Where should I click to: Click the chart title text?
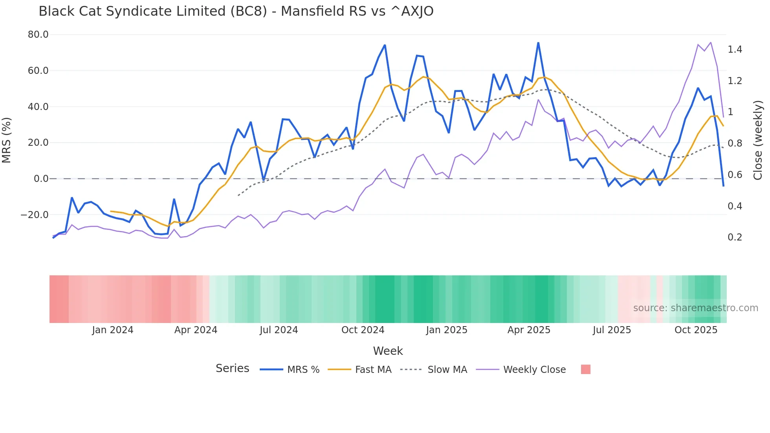[236, 11]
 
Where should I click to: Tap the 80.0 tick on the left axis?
[38, 35]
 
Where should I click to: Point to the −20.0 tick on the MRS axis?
[35, 215]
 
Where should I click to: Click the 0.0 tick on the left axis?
[41, 179]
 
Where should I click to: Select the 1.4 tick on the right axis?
[735, 50]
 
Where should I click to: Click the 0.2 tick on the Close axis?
[735, 237]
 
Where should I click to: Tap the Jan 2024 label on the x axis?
[113, 330]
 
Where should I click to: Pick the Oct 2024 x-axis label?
[363, 330]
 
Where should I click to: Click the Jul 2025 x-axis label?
[612, 330]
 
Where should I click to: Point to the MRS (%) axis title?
[7, 140]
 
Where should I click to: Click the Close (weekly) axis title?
[758, 140]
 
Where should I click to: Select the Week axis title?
[388, 351]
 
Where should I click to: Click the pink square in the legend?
[585, 369]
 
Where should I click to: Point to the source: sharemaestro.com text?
[695, 308]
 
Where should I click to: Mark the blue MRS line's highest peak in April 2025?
[538, 43]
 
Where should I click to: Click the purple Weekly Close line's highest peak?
[711, 42]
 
